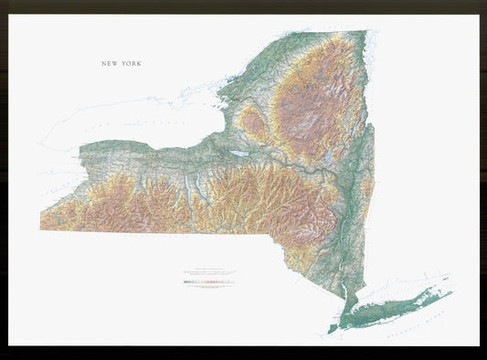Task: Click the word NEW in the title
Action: click(x=111, y=64)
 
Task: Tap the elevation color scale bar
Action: click(x=208, y=282)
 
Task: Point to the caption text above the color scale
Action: click(x=208, y=273)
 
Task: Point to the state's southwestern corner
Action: click(x=41, y=228)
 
